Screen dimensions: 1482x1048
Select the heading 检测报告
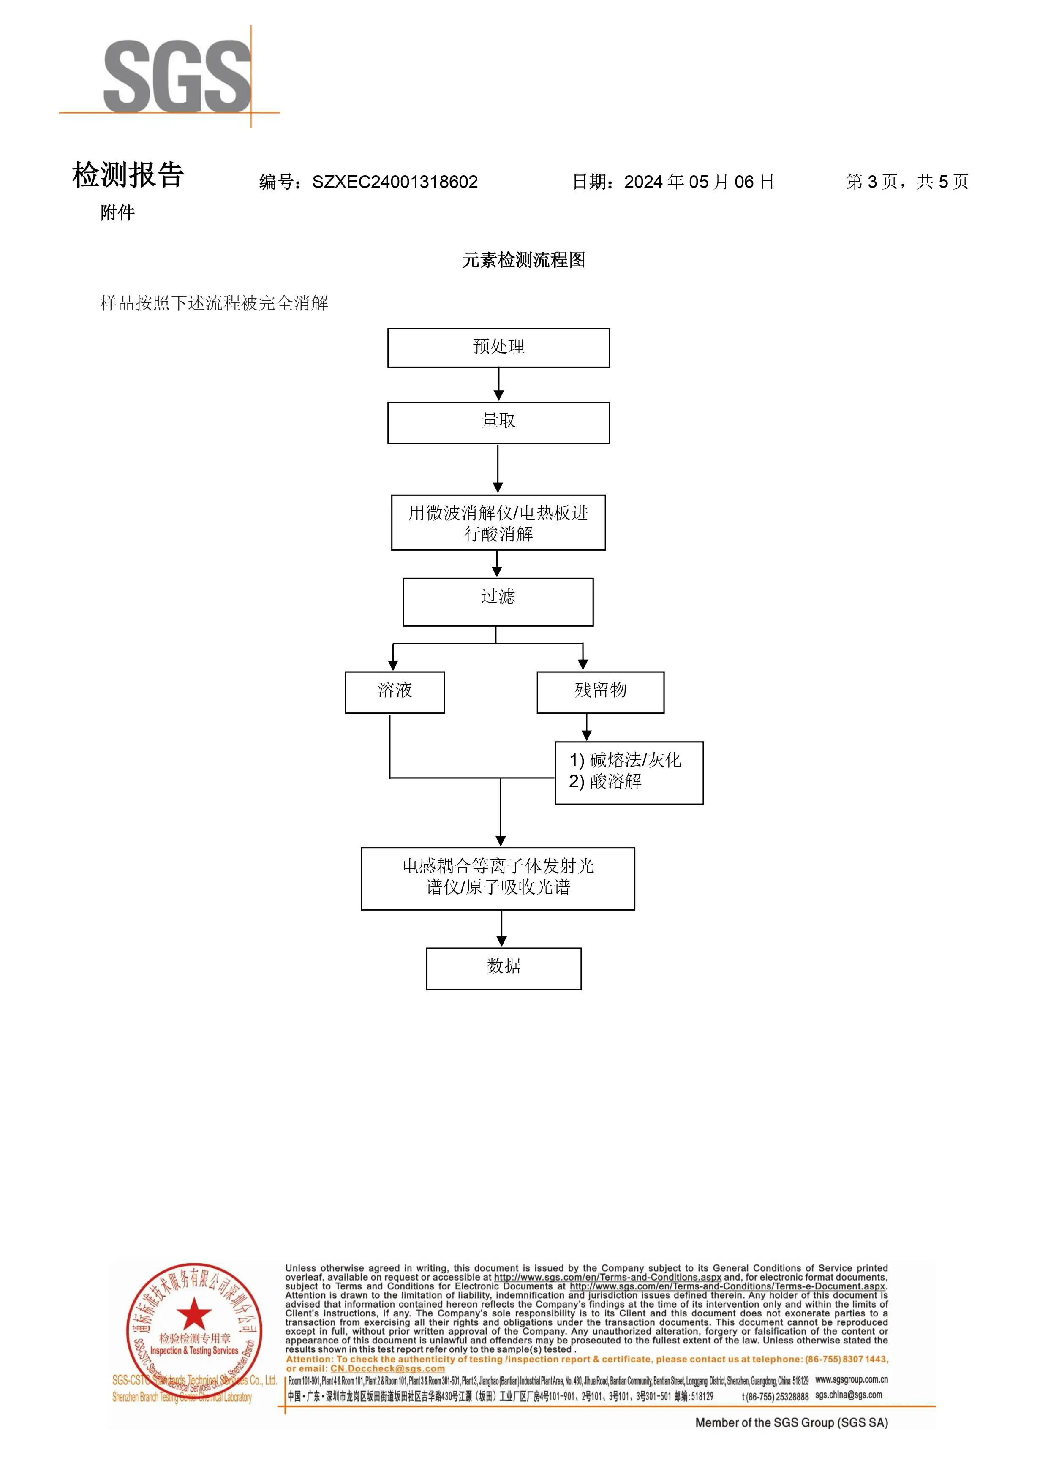(128, 176)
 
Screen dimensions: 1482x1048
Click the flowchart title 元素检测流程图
(524, 260)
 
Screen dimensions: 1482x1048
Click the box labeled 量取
(498, 423)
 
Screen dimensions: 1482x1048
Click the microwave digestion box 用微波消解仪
(498, 523)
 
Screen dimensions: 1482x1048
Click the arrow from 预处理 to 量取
(498, 385)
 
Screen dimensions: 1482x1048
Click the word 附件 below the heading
(117, 212)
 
